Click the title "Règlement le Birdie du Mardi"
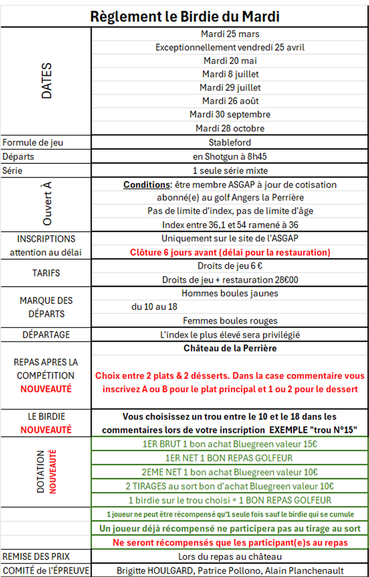(184, 17)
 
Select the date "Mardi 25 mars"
(230, 34)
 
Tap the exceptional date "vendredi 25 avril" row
(230, 48)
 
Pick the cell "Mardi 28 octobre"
(230, 128)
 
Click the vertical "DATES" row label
(47, 81)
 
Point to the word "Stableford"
(230, 143)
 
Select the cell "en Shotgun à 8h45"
(230, 157)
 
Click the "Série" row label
(13, 171)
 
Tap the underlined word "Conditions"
(146, 185)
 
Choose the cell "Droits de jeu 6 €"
(230, 266)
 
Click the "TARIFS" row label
(46, 273)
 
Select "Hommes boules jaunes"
(230, 293)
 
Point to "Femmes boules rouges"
(230, 321)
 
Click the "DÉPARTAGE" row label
(46, 335)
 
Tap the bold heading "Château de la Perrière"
(230, 348)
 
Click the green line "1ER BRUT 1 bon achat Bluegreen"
(230, 443)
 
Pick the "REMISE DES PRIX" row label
(36, 556)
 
